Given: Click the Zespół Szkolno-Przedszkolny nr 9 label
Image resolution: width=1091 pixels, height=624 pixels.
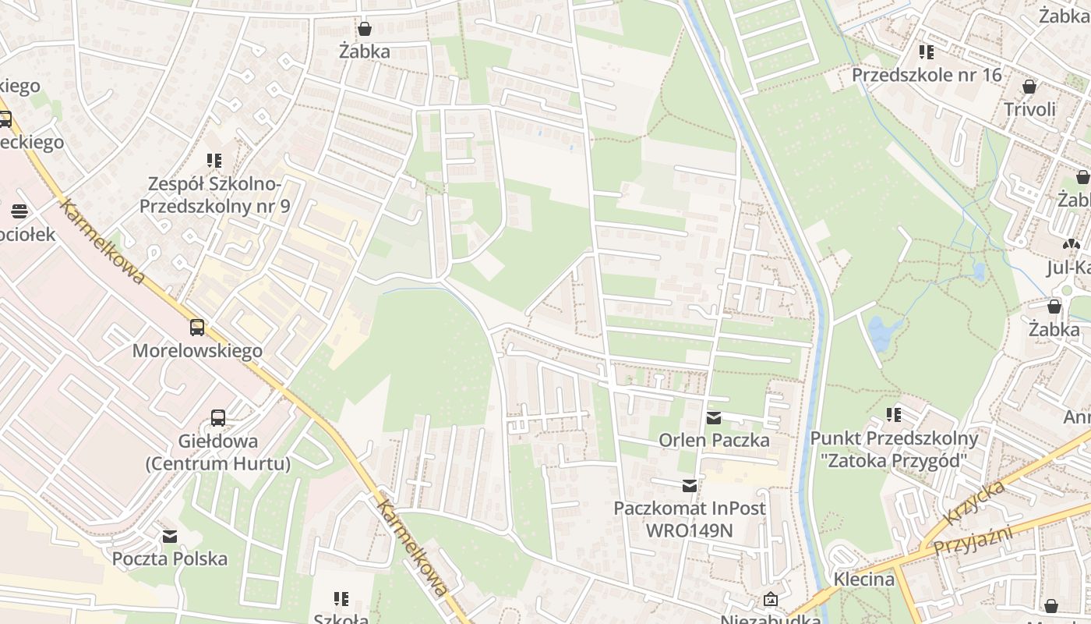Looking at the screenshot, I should (x=214, y=196).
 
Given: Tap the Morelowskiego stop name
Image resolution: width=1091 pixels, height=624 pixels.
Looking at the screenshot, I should (x=197, y=351).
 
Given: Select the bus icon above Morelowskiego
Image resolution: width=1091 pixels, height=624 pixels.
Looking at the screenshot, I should (x=197, y=328).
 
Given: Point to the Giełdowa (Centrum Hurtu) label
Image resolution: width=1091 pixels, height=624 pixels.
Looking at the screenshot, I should (x=218, y=452).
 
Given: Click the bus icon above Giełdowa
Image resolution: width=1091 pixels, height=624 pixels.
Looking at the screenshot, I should (x=218, y=418).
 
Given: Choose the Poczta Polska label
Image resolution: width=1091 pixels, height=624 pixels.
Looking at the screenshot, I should (x=170, y=558).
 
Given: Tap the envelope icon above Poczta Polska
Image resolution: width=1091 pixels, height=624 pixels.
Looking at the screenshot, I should (x=170, y=537).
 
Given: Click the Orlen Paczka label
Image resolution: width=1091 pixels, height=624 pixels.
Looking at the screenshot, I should (x=714, y=440).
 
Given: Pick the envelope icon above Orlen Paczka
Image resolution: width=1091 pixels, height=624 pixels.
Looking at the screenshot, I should (x=714, y=418).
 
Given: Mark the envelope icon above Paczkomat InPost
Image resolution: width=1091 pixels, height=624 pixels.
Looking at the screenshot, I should (x=690, y=486).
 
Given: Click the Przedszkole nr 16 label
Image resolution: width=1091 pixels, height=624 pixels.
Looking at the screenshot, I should (x=927, y=75).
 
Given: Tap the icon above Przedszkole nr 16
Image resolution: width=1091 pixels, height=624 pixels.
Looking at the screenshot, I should (x=927, y=52).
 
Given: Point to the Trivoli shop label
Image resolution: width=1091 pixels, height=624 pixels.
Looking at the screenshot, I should (x=1029, y=109).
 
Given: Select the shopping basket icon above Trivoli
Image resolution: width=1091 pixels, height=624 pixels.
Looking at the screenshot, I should (x=1029, y=87).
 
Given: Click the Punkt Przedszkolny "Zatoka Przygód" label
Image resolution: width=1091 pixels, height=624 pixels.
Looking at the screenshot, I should (x=894, y=449).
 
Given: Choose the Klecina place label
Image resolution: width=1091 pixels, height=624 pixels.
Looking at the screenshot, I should (x=863, y=579).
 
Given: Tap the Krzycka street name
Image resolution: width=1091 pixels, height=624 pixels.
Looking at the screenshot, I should (x=974, y=503).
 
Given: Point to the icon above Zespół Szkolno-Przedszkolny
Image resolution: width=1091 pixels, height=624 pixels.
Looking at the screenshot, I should (x=214, y=161).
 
